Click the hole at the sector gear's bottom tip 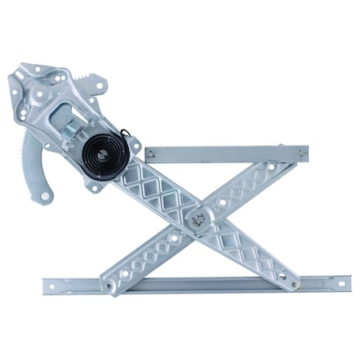click(x=46, y=194)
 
